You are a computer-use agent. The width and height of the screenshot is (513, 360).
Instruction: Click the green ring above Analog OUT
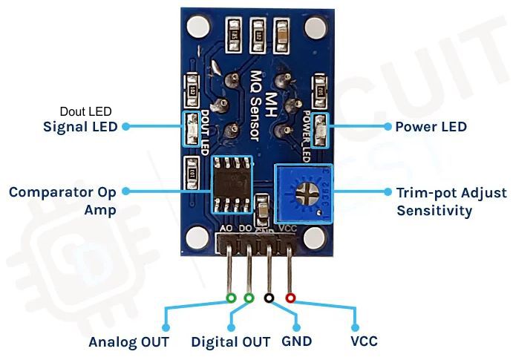(231, 298)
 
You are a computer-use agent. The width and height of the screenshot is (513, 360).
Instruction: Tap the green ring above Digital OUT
(249, 298)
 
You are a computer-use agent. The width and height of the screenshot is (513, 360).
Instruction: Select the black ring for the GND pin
(269, 298)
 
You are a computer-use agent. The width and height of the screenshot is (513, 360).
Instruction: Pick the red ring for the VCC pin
(290, 298)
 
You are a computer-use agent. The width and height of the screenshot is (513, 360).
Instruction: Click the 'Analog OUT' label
(128, 342)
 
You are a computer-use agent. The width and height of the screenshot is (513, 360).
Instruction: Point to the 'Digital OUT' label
(230, 342)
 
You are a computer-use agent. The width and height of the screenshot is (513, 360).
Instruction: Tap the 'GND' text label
(297, 342)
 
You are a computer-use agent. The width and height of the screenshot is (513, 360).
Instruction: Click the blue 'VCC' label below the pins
(364, 342)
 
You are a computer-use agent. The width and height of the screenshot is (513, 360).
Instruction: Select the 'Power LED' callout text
(431, 127)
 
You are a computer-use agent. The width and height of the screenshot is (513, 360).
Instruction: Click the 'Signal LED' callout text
(80, 127)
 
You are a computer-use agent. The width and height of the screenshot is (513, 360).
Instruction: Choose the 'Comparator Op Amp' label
(62, 200)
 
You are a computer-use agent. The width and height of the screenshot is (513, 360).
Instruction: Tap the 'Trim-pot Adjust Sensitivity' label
(441, 200)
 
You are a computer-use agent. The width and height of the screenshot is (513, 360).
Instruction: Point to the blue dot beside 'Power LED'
(388, 127)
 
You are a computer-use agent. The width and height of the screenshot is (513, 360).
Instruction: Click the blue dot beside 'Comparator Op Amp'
(125, 191)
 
